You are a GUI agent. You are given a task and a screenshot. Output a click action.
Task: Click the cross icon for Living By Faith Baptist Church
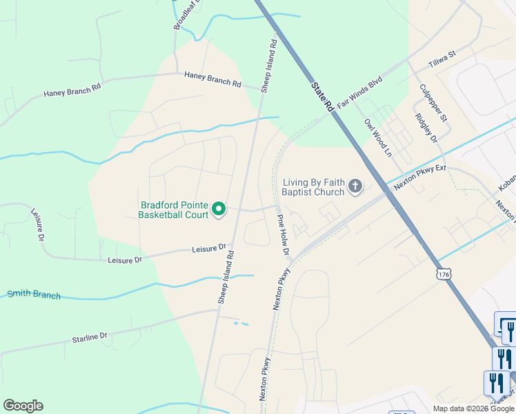(355, 186)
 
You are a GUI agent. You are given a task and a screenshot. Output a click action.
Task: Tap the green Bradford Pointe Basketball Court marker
(219, 208)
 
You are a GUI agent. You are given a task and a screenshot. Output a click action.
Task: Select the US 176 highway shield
(444, 275)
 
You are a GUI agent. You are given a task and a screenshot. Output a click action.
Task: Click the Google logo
(23, 406)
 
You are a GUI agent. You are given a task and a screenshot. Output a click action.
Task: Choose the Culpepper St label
(433, 103)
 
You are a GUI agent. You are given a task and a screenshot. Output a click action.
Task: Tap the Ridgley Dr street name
(426, 128)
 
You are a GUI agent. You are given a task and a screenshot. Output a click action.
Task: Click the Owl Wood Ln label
(377, 137)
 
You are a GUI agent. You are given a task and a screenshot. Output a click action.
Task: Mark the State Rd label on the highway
(322, 97)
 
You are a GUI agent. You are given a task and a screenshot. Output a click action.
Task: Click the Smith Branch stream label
(34, 295)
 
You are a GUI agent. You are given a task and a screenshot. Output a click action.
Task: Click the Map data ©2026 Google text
(473, 408)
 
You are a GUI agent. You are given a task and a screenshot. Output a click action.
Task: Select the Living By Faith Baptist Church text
(313, 187)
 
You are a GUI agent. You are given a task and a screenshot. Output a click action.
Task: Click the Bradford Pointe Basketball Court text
(174, 210)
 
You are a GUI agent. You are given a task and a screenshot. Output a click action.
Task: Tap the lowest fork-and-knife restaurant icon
(497, 383)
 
